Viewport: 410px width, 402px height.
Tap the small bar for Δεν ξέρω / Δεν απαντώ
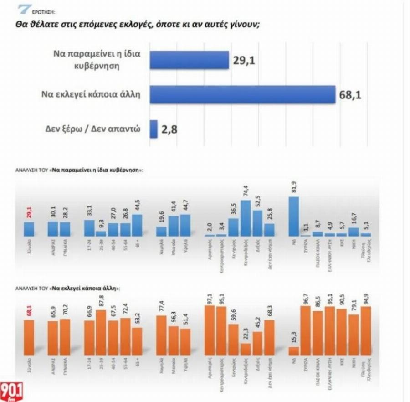click(153, 129)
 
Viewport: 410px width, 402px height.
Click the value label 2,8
click(169, 130)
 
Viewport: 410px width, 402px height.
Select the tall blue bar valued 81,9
click(293, 216)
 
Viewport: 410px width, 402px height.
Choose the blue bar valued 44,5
click(137, 225)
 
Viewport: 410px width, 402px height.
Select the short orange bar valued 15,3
click(293, 350)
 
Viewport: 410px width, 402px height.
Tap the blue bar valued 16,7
click(354, 232)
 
